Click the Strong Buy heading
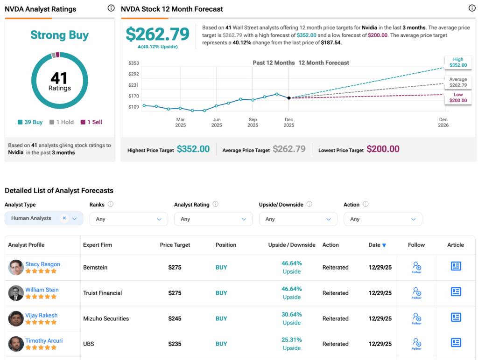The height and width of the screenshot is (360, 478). tap(59, 35)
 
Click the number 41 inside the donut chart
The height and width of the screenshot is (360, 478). tap(59, 78)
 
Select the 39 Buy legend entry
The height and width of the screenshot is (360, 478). tap(30, 122)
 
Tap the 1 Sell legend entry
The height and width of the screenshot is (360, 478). tap(91, 122)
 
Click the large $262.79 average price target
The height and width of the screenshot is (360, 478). tap(158, 34)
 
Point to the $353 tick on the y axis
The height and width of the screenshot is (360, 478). tap(134, 63)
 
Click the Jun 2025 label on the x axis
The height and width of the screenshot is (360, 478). tap(217, 122)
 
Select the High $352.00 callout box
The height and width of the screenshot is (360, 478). tap(458, 62)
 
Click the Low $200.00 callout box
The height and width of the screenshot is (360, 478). tap(458, 98)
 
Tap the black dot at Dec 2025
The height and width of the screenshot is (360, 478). tap(289, 98)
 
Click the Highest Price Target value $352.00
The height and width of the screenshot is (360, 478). tap(193, 149)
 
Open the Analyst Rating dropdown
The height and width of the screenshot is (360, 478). tap(213, 219)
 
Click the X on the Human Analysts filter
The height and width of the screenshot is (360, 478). tap(64, 218)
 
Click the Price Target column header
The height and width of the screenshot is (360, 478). tap(176, 245)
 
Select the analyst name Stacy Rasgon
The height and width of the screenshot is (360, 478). tap(42, 264)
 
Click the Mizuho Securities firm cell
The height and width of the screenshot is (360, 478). tap(106, 318)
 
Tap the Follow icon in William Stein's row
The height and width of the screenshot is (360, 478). tap(416, 293)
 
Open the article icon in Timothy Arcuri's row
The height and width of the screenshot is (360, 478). tap(456, 343)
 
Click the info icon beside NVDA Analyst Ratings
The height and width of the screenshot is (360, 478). tap(111, 8)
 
